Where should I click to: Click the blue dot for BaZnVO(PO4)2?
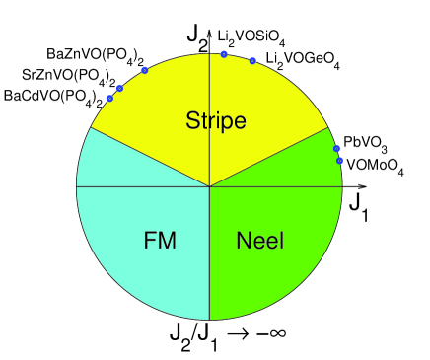(145, 70)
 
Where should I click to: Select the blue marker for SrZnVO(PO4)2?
(120, 89)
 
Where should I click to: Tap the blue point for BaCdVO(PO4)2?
(110, 98)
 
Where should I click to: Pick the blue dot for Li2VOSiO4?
(224, 54)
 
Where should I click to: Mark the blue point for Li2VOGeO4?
(252, 61)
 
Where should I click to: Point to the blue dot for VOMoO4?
(339, 160)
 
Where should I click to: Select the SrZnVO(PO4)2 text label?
(68, 75)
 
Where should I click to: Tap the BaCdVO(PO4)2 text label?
(53, 97)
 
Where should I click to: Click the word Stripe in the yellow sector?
(215, 120)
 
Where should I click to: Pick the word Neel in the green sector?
(261, 240)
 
